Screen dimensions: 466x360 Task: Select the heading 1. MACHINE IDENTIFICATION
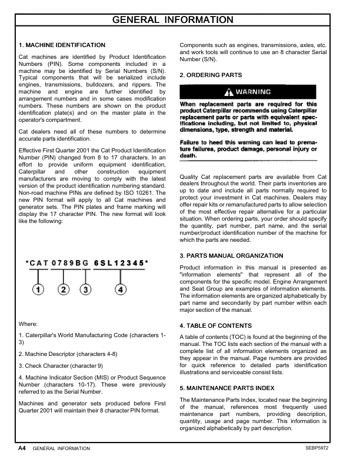coord(62,45)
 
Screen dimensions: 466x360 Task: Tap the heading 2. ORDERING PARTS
coord(210,75)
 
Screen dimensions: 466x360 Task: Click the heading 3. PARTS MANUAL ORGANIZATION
coord(231,256)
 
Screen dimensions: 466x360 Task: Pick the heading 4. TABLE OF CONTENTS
coord(215,325)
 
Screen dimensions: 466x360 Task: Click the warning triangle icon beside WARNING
coord(228,92)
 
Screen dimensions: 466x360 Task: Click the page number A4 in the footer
coord(21,448)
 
